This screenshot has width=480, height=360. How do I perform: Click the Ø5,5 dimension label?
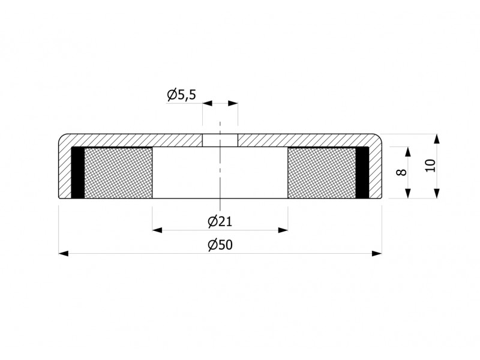[x=181, y=95]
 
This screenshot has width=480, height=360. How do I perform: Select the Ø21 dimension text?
[x=220, y=221]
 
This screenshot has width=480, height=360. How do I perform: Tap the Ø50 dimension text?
[x=220, y=245]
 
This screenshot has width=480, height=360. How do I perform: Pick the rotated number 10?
[x=431, y=166]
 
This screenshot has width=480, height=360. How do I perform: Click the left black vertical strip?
[x=78, y=173]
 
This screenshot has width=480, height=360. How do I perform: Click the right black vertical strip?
[x=362, y=173]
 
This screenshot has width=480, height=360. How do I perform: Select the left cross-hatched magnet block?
[x=118, y=173]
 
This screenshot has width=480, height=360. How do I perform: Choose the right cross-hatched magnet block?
[x=322, y=173]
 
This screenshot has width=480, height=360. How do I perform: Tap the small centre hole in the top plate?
[x=220, y=140]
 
